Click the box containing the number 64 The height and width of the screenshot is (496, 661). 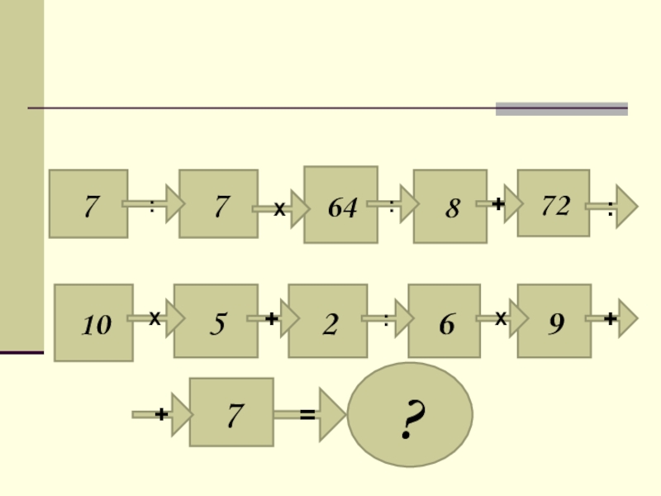(340, 205)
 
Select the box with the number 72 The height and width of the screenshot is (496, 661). (554, 203)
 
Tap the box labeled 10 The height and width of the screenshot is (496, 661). (93, 322)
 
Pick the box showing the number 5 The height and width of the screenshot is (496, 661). (214, 322)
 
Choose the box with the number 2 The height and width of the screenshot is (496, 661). (327, 322)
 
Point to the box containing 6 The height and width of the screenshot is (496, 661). (444, 322)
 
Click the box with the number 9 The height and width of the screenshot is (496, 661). (554, 322)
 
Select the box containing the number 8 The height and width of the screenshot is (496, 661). (449, 207)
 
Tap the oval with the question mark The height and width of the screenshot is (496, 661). (410, 414)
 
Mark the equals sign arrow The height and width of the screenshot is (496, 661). (310, 415)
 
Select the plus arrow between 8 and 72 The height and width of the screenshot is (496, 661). (500, 203)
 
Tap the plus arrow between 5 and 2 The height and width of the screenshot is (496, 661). (271, 320)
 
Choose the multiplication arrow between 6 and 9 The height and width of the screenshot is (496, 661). (500, 318)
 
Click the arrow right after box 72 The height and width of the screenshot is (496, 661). (613, 207)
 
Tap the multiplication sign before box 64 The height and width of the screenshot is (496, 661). (280, 211)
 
